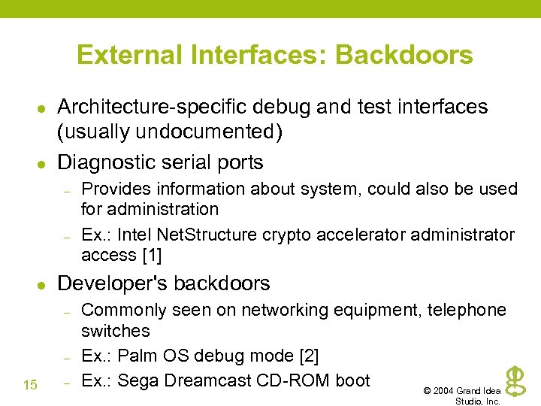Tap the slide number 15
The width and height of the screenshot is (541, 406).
30,385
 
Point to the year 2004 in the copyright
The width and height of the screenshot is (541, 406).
445,391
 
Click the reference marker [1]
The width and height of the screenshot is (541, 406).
152,255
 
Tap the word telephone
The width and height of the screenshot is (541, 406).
467,310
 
